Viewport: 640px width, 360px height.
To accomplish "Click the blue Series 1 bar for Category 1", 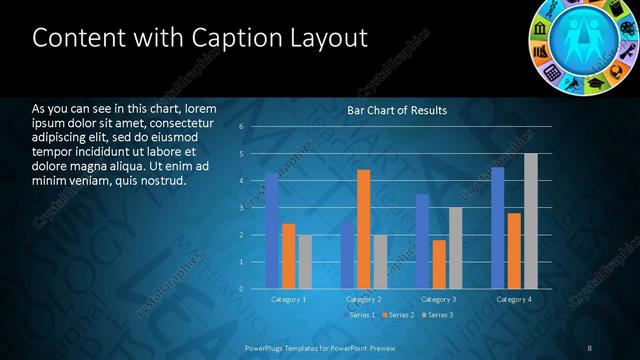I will coord(272,230).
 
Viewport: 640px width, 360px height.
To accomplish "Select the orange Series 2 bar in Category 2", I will coord(364,229).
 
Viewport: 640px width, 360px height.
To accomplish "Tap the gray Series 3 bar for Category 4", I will coord(531,221).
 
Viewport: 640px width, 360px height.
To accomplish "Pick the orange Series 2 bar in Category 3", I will coord(439,264).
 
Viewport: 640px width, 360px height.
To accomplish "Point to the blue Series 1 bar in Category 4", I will coord(498,228).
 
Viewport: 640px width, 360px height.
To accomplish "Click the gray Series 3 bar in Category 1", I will coord(305,262).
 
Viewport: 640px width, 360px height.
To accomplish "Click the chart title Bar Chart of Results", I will coord(397,110).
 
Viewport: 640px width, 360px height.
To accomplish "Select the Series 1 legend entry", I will coord(359,315).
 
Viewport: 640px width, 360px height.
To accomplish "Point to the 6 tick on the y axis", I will coord(242,127).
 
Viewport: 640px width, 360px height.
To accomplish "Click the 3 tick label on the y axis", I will coord(242,208).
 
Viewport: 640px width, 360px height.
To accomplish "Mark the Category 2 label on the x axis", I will coord(364,299).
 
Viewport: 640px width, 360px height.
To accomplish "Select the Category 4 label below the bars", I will coord(514,299).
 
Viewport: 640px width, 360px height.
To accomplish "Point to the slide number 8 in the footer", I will coord(590,347).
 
